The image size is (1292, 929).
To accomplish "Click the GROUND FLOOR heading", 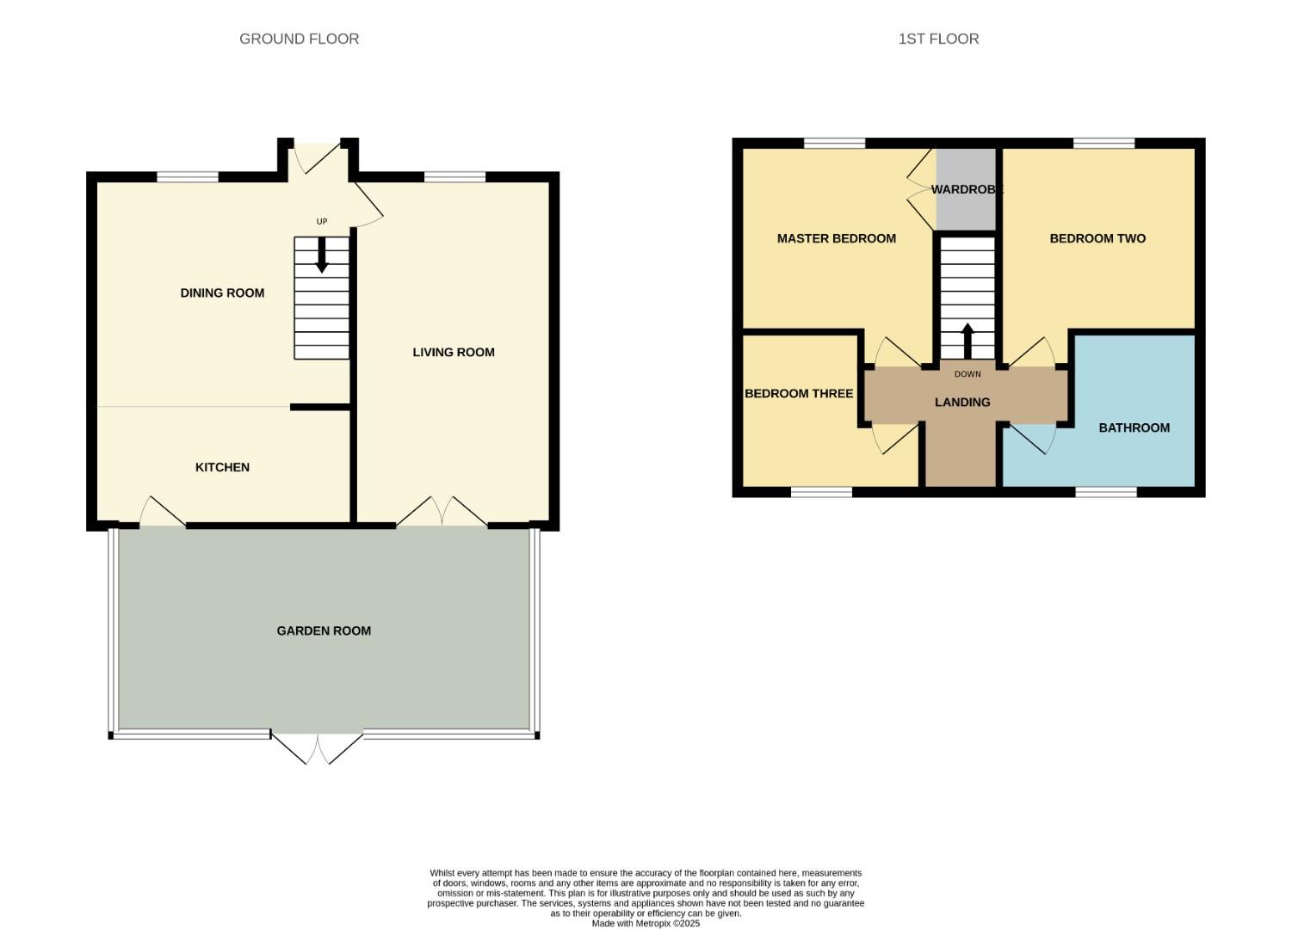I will [299, 39].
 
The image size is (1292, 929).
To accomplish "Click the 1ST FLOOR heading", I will [938, 39].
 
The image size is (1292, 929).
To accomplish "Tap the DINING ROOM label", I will [222, 293].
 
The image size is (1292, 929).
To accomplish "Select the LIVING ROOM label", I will [454, 352].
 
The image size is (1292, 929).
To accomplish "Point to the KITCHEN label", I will [222, 467].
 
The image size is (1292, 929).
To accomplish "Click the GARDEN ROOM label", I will [324, 631].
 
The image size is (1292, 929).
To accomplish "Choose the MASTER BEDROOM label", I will [837, 238].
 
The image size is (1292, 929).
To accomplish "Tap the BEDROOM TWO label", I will [1097, 238].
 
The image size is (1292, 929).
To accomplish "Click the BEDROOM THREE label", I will [799, 393].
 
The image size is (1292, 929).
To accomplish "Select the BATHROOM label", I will [1134, 428].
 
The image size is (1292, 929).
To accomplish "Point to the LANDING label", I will [962, 402].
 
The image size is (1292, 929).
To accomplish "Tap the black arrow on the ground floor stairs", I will [322, 255].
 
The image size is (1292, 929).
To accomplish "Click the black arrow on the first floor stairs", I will [967, 341].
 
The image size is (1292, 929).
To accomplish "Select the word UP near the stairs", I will [322, 222].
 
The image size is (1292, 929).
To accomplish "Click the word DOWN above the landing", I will [967, 374].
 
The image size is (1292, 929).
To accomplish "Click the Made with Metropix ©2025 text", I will [646, 924].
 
